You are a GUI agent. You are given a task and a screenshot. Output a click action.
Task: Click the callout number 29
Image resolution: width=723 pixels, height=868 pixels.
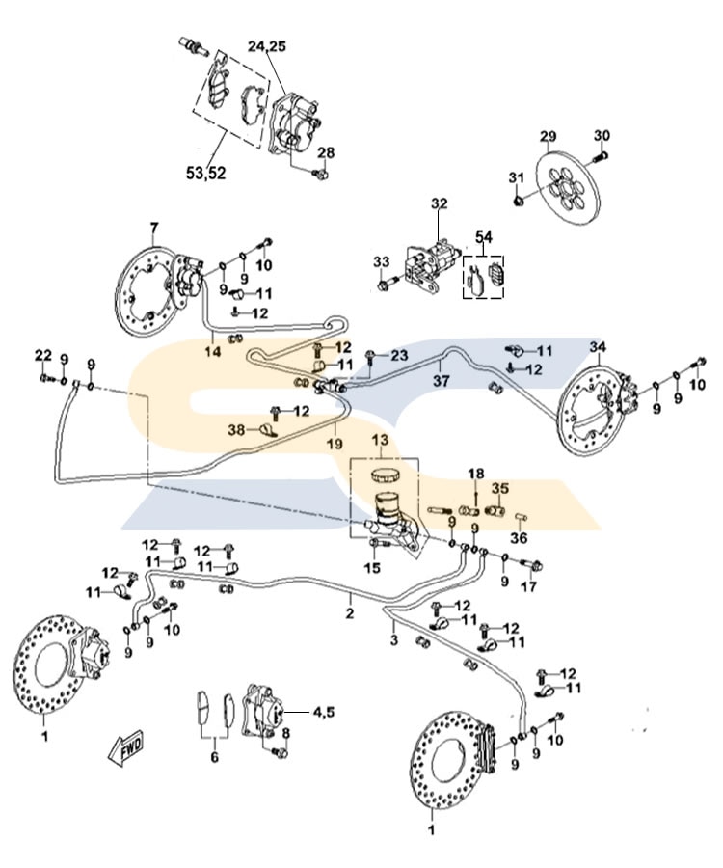[x=548, y=135]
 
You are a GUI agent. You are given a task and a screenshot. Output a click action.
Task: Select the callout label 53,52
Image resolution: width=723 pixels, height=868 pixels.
[x=205, y=173]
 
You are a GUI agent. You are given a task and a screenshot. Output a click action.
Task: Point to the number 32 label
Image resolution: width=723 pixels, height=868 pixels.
[x=440, y=204]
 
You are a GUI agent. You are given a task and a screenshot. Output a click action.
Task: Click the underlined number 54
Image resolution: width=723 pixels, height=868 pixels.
[x=483, y=236]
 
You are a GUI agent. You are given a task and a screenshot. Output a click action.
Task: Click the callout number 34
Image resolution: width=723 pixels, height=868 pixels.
[x=598, y=346]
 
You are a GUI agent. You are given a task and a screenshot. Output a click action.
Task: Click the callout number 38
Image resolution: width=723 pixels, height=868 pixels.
[x=235, y=430]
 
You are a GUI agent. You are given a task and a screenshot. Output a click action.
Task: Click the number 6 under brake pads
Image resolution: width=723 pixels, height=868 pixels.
[x=214, y=757]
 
